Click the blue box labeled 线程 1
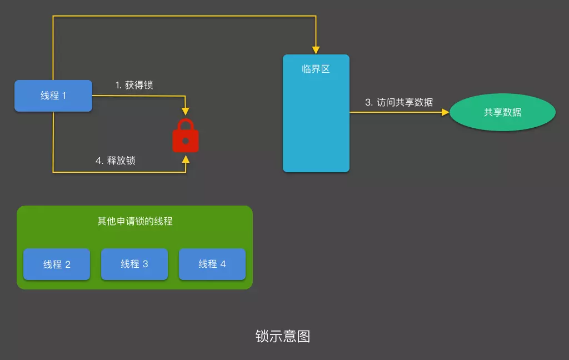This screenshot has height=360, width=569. click(53, 96)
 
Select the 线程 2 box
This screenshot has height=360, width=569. click(57, 264)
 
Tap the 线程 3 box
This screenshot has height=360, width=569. click(134, 264)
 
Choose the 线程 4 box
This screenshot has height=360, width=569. click(212, 264)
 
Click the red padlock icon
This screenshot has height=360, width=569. click(186, 136)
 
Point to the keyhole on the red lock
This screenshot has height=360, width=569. click(186, 141)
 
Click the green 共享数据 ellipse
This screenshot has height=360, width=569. click(502, 112)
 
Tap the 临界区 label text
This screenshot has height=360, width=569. click(316, 69)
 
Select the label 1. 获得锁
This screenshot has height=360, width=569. click(134, 85)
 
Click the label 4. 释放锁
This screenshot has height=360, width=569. click(116, 161)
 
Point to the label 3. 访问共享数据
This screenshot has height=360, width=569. click(399, 102)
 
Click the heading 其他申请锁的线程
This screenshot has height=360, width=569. click(135, 221)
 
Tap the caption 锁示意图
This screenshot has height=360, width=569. click(283, 336)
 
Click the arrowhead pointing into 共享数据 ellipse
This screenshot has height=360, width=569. click(446, 112)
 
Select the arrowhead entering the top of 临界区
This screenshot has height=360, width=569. click(316, 51)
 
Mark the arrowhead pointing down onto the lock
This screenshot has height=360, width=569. click(186, 112)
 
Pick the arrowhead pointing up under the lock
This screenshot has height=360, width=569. click(186, 159)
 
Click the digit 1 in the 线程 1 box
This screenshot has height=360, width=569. click(64, 96)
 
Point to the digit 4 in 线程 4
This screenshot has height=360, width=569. click(223, 264)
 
